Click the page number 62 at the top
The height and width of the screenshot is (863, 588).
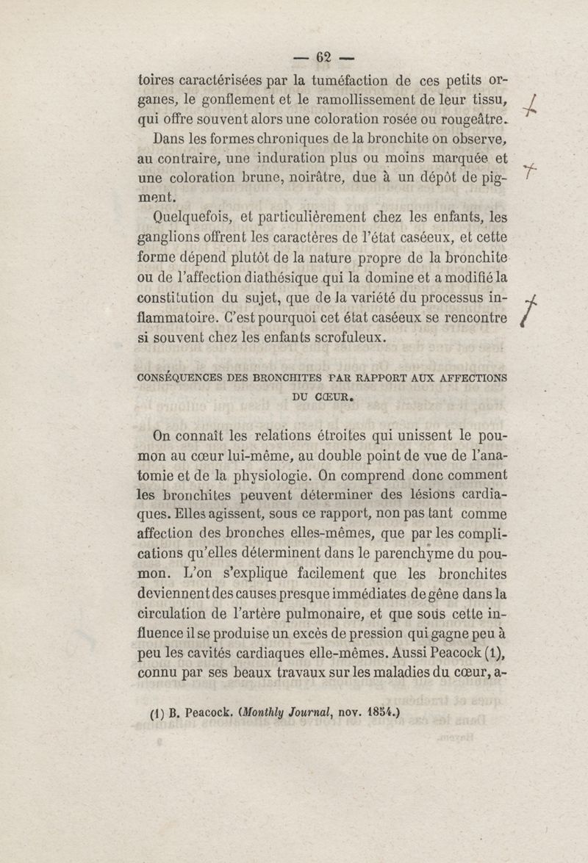coord(323,57)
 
